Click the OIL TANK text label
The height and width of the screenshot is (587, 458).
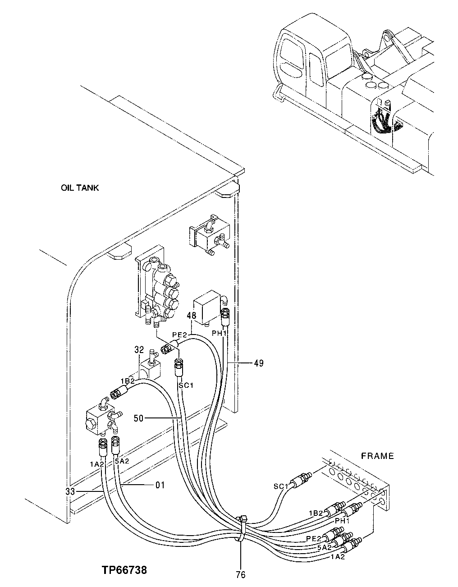80,188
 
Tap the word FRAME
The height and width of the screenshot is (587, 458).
377,456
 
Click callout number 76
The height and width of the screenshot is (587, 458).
240,574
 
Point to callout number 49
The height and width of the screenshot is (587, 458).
258,363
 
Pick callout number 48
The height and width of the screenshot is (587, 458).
192,316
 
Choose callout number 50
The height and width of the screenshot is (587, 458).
138,418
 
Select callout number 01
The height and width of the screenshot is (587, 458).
160,485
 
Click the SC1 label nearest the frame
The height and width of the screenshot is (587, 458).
281,486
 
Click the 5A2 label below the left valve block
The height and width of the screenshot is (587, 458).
122,461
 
